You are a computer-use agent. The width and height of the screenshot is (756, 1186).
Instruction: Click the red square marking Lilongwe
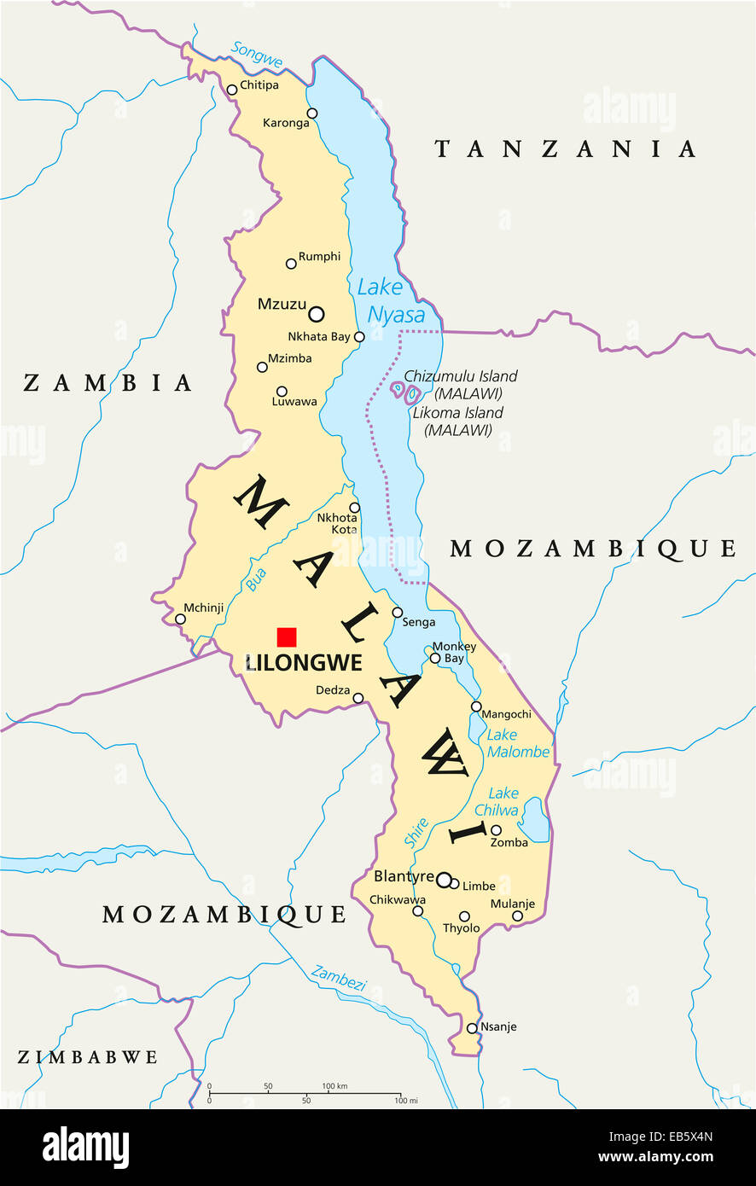tap(287, 637)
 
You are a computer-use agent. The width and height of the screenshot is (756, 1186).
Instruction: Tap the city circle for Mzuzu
tap(317, 313)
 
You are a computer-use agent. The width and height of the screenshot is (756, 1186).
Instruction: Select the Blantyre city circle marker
tap(444, 879)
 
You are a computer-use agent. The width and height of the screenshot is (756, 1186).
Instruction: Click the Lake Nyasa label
tap(390, 300)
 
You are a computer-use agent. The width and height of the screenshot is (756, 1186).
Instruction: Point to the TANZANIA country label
tap(565, 149)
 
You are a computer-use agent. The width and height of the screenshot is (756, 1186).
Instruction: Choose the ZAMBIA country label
tap(108, 383)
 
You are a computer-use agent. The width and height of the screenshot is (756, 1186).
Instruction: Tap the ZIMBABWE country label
tap(88, 1057)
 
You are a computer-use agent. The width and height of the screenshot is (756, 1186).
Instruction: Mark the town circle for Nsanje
tap(472, 1028)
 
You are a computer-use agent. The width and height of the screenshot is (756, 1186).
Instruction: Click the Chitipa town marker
tap(231, 90)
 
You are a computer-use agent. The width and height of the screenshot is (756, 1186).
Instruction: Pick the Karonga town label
tap(286, 123)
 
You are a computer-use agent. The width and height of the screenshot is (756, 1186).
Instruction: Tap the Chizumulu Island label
tap(461, 376)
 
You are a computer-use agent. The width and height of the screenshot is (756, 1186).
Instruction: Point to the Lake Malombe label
tap(518, 743)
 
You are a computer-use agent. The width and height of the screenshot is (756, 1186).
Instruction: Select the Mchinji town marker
tap(180, 619)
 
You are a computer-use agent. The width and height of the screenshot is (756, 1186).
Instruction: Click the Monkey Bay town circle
tap(435, 658)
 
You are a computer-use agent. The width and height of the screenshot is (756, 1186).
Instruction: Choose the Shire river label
tap(416, 833)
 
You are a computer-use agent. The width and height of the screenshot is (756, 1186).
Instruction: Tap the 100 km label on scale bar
tap(334, 1086)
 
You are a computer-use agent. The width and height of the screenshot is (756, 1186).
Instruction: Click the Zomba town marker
tap(496, 829)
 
